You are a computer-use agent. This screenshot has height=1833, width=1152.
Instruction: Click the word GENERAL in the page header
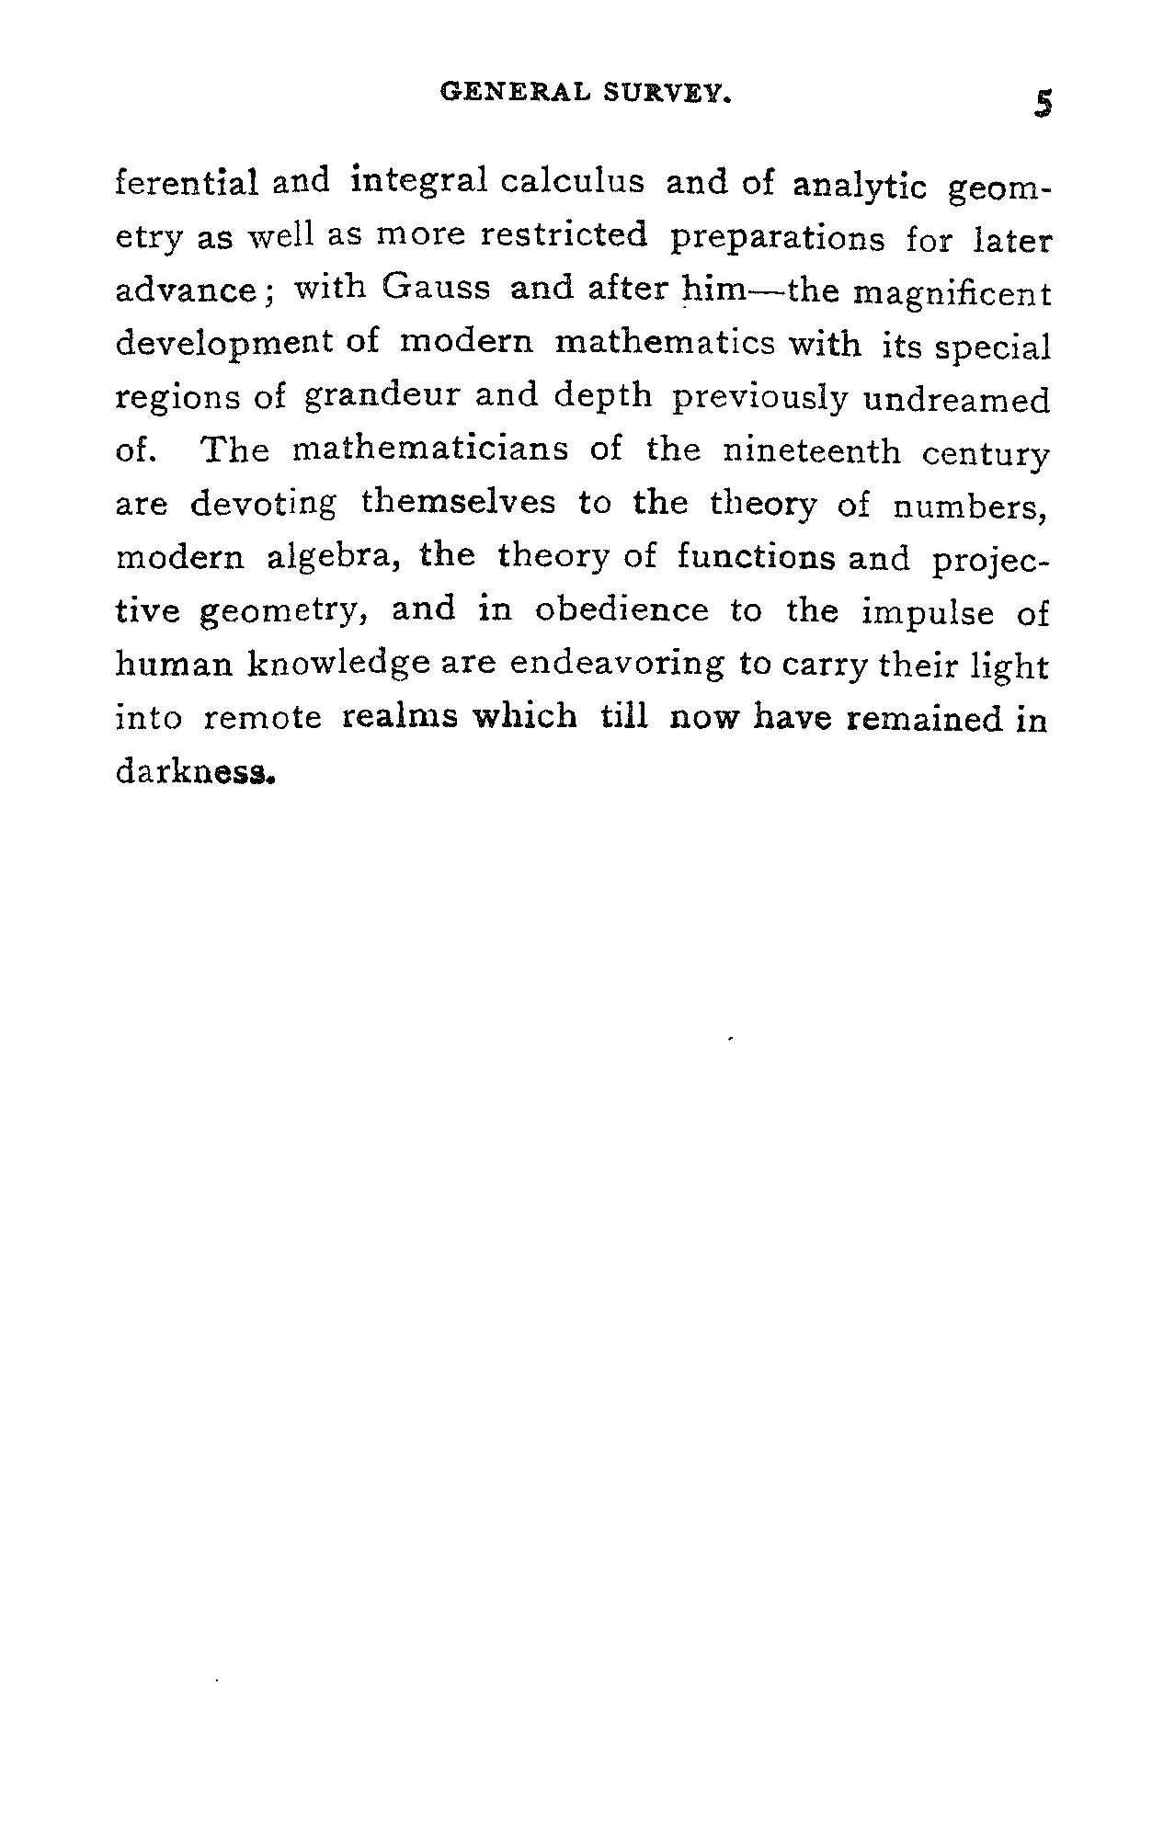pyautogui.click(x=514, y=92)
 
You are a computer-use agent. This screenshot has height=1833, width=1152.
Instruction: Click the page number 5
pyautogui.click(x=1042, y=103)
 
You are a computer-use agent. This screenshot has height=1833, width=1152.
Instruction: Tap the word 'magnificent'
pyautogui.click(x=952, y=293)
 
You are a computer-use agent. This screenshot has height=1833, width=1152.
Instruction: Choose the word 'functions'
pyautogui.click(x=756, y=558)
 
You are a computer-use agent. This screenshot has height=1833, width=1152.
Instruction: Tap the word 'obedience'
pyautogui.click(x=622, y=611)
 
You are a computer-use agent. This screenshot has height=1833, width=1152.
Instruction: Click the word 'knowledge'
pyautogui.click(x=339, y=665)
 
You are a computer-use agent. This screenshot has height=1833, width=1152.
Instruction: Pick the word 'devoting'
pyautogui.click(x=263, y=505)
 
